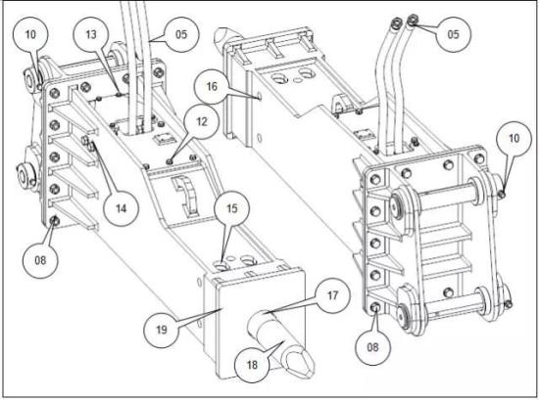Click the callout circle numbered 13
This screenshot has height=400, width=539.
91,34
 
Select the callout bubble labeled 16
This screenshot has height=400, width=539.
212,86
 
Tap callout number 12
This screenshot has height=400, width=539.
202,122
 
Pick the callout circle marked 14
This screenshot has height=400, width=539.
121,208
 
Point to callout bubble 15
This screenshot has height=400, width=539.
232,208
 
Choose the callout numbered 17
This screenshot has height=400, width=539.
333,295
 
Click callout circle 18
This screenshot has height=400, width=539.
252,365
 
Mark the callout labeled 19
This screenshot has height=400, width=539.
162,330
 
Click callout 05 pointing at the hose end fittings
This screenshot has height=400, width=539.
454,34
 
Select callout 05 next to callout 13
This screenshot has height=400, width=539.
181,34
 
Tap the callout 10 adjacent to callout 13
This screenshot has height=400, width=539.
30,34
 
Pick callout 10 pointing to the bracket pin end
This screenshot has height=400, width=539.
514,139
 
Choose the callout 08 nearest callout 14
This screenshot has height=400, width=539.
40,260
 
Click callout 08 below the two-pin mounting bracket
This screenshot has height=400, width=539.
372,347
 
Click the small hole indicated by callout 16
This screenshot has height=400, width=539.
260,97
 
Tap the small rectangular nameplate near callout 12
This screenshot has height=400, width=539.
164,139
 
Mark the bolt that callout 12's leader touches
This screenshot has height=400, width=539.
170,161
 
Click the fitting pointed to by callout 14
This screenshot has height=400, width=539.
88,144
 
